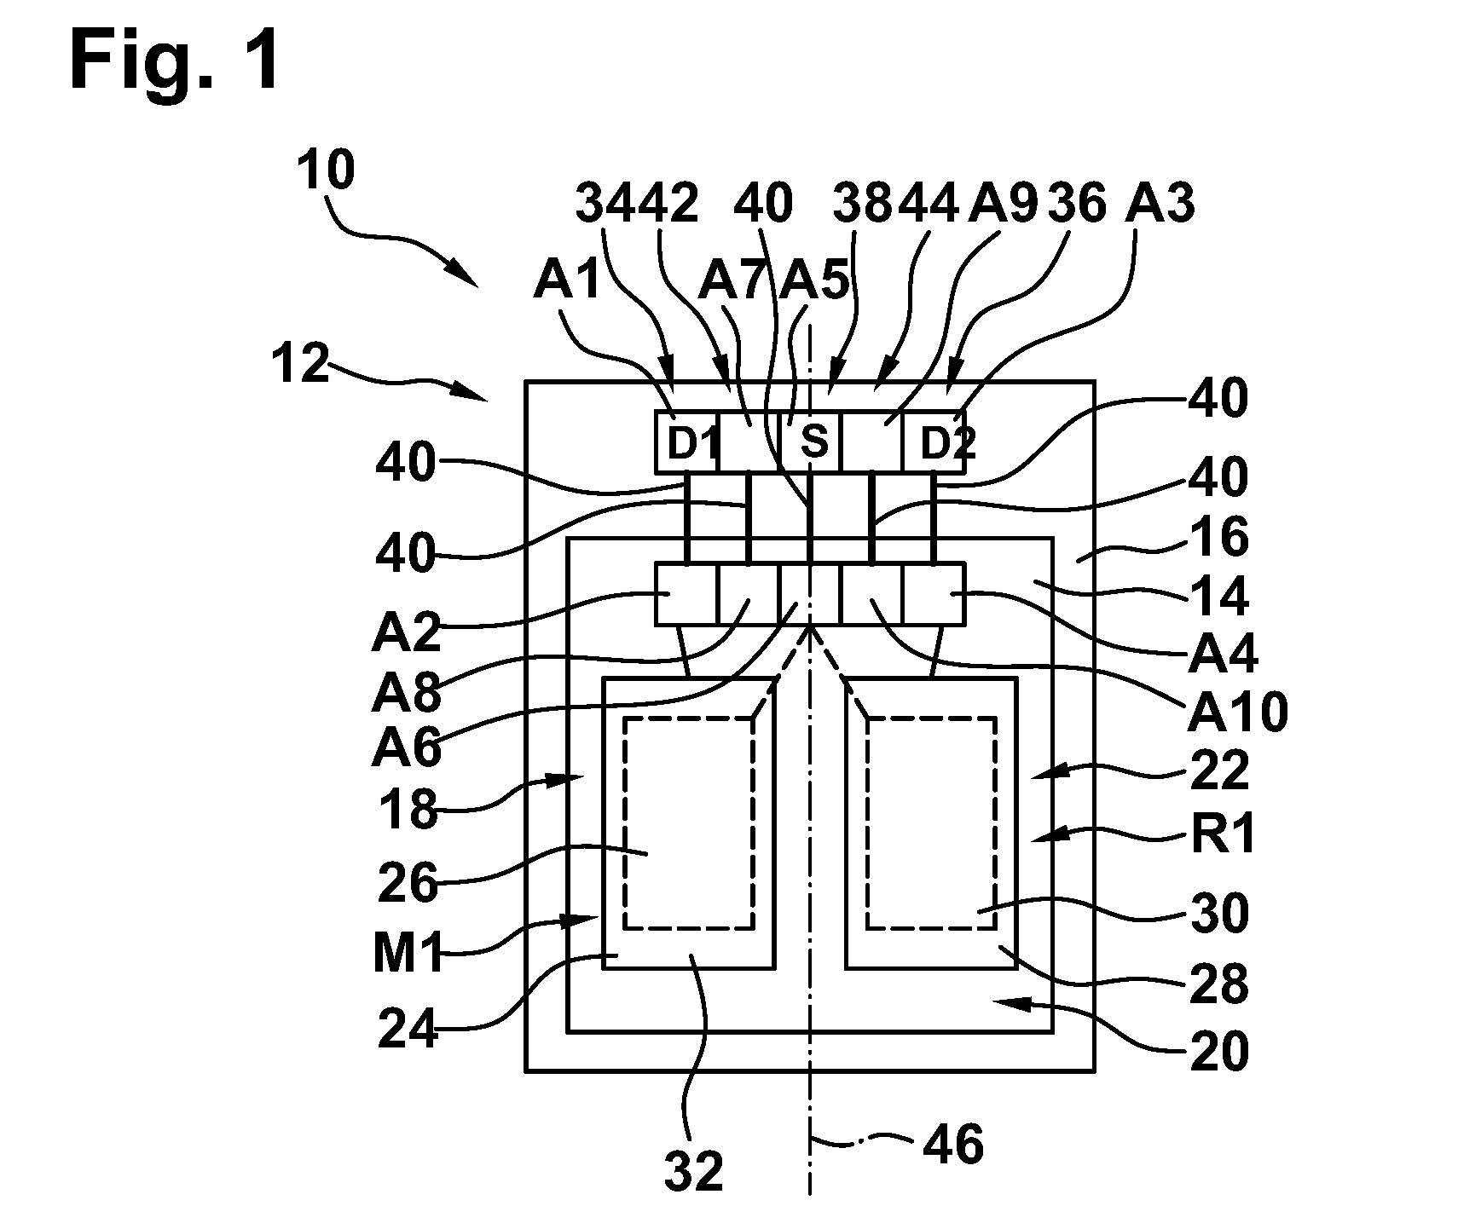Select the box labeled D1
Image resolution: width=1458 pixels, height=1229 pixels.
click(x=687, y=442)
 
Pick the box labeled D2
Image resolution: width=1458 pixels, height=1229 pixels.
click(x=934, y=442)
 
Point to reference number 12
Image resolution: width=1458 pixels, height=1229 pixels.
click(x=300, y=365)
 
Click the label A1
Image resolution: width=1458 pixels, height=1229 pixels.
click(x=568, y=280)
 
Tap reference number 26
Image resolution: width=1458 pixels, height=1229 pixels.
click(x=408, y=883)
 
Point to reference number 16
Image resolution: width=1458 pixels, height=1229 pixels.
click(x=1220, y=539)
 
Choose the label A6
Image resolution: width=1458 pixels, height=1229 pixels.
click(x=407, y=747)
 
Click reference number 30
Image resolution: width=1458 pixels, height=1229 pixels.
click(x=1220, y=912)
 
